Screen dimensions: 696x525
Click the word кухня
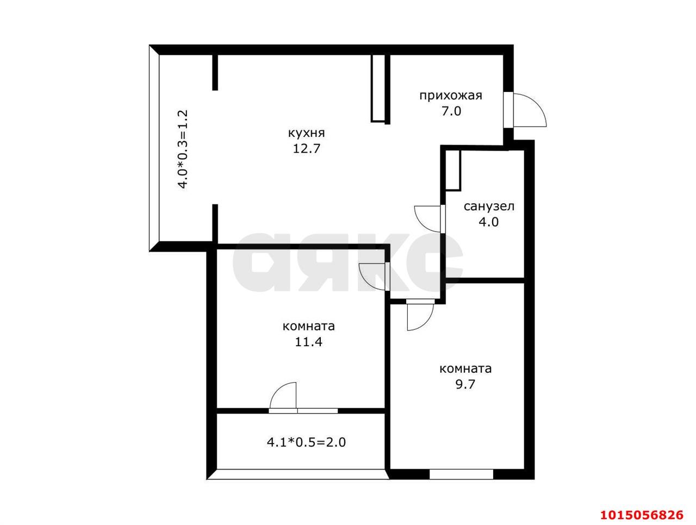pyautogui.click(x=306, y=133)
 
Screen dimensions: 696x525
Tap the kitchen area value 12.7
pyautogui.click(x=306, y=148)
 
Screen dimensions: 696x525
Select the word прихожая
pyautogui.click(x=451, y=96)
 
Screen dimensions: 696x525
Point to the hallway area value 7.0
pyautogui.click(x=451, y=111)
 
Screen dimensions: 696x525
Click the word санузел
pyautogui.click(x=489, y=207)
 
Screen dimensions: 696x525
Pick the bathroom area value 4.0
pyautogui.click(x=489, y=222)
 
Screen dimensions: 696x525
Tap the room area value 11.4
pyautogui.click(x=308, y=342)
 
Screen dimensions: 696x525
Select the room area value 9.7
pyautogui.click(x=465, y=384)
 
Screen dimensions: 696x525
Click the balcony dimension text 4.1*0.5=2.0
pyautogui.click(x=306, y=442)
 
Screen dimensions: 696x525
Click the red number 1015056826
pyautogui.click(x=642, y=515)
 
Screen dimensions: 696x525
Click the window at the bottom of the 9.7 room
pyautogui.click(x=461, y=483)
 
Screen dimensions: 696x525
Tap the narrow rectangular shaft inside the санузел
pyautogui.click(x=453, y=170)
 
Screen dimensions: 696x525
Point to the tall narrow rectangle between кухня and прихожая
pyautogui.click(x=378, y=89)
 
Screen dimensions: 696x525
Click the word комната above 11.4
pyautogui.click(x=308, y=326)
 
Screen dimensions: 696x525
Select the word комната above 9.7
pyautogui.click(x=465, y=369)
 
